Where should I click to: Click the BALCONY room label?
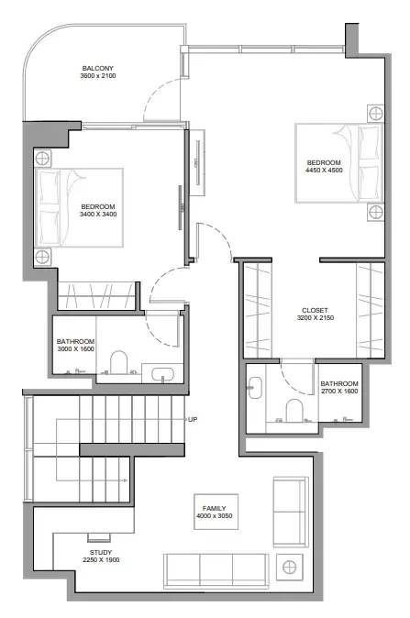pyautogui.click(x=98, y=68)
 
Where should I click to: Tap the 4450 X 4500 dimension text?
pyautogui.click(x=324, y=171)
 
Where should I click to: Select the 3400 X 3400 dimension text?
pyautogui.click(x=98, y=215)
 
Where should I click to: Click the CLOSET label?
pyautogui.click(x=315, y=311)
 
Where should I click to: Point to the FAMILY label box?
pyautogui.click(x=216, y=512)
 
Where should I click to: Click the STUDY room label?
pyautogui.click(x=101, y=553)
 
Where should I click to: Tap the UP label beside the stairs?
pyautogui.click(x=193, y=419)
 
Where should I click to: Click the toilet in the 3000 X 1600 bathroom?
pyautogui.click(x=118, y=362)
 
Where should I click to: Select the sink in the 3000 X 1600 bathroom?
pyautogui.click(x=162, y=374)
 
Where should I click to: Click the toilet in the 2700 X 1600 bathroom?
pyautogui.click(x=294, y=410)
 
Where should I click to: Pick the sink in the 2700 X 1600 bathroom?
pyautogui.click(x=255, y=388)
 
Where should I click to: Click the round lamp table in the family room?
pyautogui.click(x=289, y=568)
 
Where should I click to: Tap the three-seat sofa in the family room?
pyautogui.click(x=216, y=571)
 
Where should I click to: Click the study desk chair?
pyautogui.click(x=99, y=537)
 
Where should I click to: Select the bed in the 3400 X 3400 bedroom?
pyautogui.click(x=79, y=208)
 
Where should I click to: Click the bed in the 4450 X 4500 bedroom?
pyautogui.click(x=339, y=163)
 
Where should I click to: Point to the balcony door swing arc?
pyautogui.click(x=152, y=92)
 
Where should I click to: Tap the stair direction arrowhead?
pyautogui.click(x=126, y=480)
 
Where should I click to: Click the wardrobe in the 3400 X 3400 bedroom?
pyautogui.click(x=97, y=295)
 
